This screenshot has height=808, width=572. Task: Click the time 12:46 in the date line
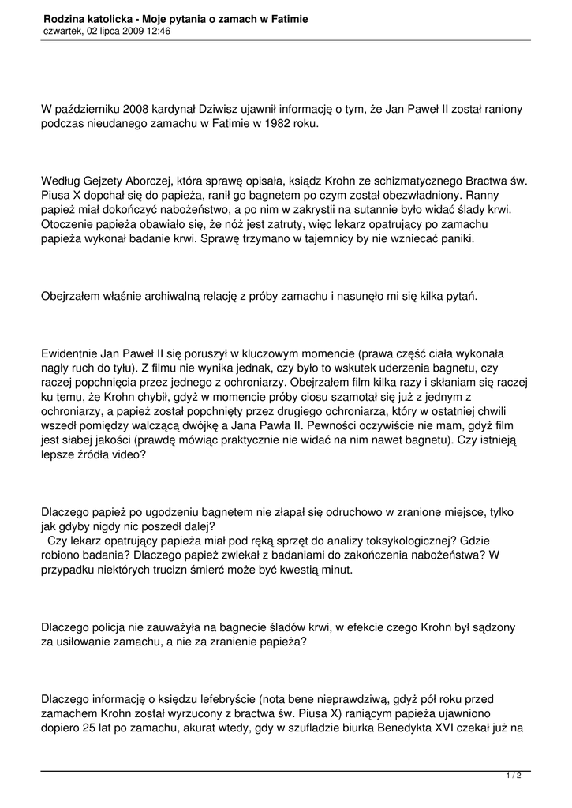click(158, 32)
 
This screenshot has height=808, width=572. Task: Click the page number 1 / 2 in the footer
click(514, 776)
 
